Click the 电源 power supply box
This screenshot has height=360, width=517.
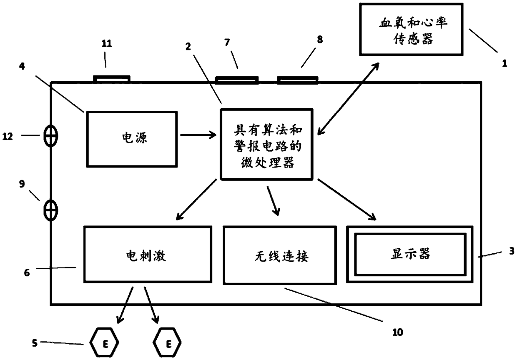pyautogui.click(x=132, y=139)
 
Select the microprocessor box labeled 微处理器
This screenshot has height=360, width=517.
pyautogui.click(x=266, y=144)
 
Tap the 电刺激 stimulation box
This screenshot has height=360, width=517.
pyautogui.click(x=148, y=255)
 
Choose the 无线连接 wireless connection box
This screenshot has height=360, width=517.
pyautogui.click(x=280, y=255)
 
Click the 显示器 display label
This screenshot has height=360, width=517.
pyautogui.click(x=410, y=254)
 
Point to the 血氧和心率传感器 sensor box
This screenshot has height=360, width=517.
pyautogui.click(x=411, y=29)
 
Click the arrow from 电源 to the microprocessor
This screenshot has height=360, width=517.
pyautogui.click(x=198, y=135)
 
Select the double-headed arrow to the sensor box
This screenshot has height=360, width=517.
pyautogui.click(x=348, y=99)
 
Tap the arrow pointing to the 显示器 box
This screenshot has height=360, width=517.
pyautogui.click(x=347, y=200)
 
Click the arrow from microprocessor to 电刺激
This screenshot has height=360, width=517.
pyautogui.click(x=196, y=199)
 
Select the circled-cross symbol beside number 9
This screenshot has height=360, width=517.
pyautogui.click(x=51, y=210)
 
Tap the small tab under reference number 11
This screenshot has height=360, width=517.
pyautogui.click(x=112, y=79)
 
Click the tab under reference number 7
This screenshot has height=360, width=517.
pyautogui.click(x=237, y=80)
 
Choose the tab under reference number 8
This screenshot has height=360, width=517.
pyautogui.click(x=298, y=80)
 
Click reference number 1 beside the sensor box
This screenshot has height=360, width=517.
pyautogui.click(x=505, y=63)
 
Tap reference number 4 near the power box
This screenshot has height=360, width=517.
pyautogui.click(x=22, y=66)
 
